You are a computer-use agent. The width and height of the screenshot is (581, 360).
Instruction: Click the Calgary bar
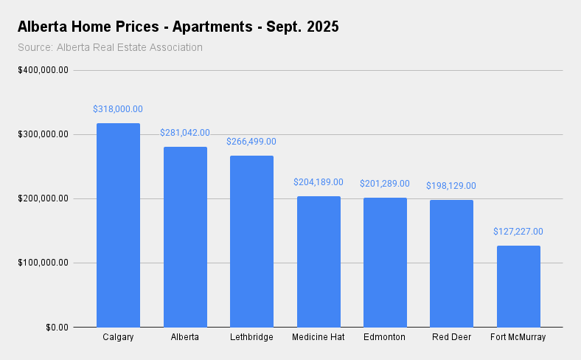point(118,225)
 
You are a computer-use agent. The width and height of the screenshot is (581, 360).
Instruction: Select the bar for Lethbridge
point(251,241)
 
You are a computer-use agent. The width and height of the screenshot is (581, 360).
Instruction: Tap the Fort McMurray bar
point(518,286)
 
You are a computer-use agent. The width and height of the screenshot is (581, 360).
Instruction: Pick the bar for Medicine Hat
point(319,261)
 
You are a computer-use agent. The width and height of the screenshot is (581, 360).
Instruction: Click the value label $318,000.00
point(118,109)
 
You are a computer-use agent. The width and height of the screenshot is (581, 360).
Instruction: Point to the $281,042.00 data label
point(185,133)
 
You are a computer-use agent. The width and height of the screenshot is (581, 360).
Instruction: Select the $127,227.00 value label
point(518,232)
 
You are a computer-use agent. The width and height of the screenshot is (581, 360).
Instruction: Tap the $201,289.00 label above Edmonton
point(385,184)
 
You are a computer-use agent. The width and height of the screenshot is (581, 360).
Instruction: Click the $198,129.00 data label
point(451,186)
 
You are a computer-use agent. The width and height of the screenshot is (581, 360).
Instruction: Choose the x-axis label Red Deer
point(451,338)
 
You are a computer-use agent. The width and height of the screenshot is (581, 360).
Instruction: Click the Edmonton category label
point(385,338)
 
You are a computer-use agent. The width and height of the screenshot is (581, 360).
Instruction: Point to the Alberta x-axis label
point(185,338)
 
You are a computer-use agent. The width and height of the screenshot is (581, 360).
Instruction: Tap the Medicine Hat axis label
point(319,338)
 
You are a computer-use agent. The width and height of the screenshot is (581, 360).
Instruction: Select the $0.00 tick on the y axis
point(57,327)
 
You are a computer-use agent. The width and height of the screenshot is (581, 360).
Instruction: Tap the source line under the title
point(110,48)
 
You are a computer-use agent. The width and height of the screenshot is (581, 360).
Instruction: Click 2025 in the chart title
point(321,27)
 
